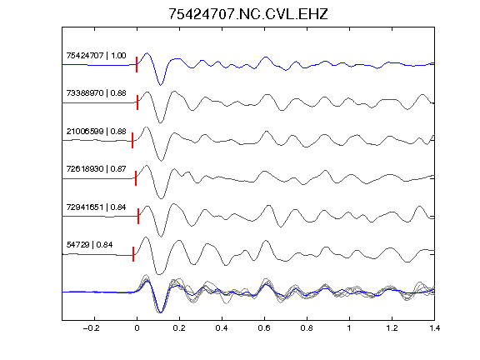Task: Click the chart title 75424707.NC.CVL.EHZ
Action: click(248, 14)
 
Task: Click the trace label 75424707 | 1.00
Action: click(96, 55)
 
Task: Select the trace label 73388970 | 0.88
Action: click(96, 92)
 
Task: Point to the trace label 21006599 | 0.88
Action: click(96, 132)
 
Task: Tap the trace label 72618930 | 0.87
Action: click(96, 168)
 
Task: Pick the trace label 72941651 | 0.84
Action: click(96, 207)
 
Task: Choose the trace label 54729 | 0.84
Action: click(89, 245)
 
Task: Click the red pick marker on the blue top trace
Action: click(137, 65)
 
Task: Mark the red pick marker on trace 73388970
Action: click(137, 102)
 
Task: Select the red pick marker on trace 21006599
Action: click(132, 141)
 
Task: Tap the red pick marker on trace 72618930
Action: click(136, 178)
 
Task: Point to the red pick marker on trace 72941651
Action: click(138, 216)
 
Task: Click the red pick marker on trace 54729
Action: click(133, 254)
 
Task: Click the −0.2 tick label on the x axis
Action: click(92, 328)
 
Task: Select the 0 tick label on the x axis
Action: click(137, 328)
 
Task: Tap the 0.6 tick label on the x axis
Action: click(264, 328)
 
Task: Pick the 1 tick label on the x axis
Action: click(349, 328)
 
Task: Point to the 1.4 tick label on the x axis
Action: click(435, 328)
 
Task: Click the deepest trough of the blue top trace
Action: click(160, 85)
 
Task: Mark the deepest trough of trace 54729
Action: click(158, 274)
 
